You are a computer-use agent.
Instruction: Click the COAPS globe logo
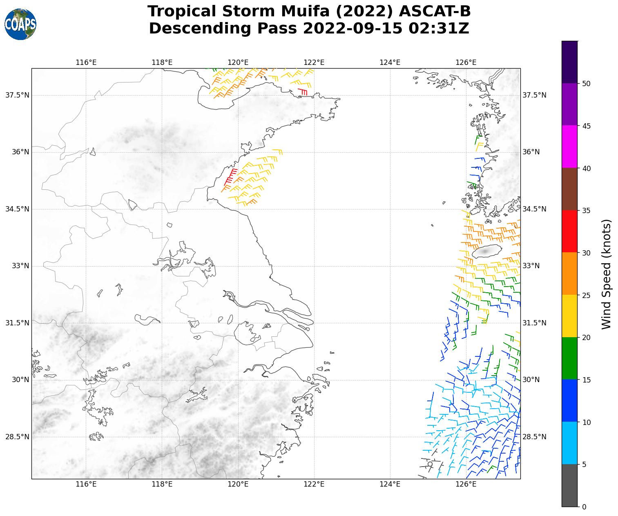pyautogui.click(x=20, y=24)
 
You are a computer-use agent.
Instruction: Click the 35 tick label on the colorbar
pyautogui.click(x=586, y=211)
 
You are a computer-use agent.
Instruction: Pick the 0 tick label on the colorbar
pyautogui.click(x=584, y=507)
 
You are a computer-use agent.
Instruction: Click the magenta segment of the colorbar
pyautogui.click(x=569, y=147)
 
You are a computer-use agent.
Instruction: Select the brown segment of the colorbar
pyautogui.click(x=569, y=189)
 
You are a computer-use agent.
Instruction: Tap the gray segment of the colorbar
pyautogui.click(x=569, y=485)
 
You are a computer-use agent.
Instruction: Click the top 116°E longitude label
pyautogui.click(x=86, y=62)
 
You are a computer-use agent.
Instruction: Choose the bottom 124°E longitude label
pyautogui.click(x=390, y=485)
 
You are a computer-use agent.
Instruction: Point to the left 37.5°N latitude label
pyautogui.click(x=17, y=95)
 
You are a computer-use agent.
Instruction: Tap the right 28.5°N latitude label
pyautogui.click(x=534, y=437)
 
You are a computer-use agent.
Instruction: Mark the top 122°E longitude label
pyautogui.click(x=314, y=62)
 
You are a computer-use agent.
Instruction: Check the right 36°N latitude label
pyautogui.click(x=531, y=152)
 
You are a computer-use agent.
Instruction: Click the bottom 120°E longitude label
pyautogui.click(x=238, y=485)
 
